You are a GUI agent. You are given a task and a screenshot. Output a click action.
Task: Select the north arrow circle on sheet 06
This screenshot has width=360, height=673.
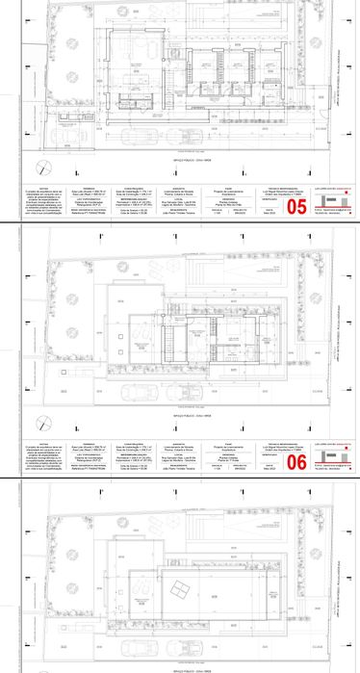tap(43, 392)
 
